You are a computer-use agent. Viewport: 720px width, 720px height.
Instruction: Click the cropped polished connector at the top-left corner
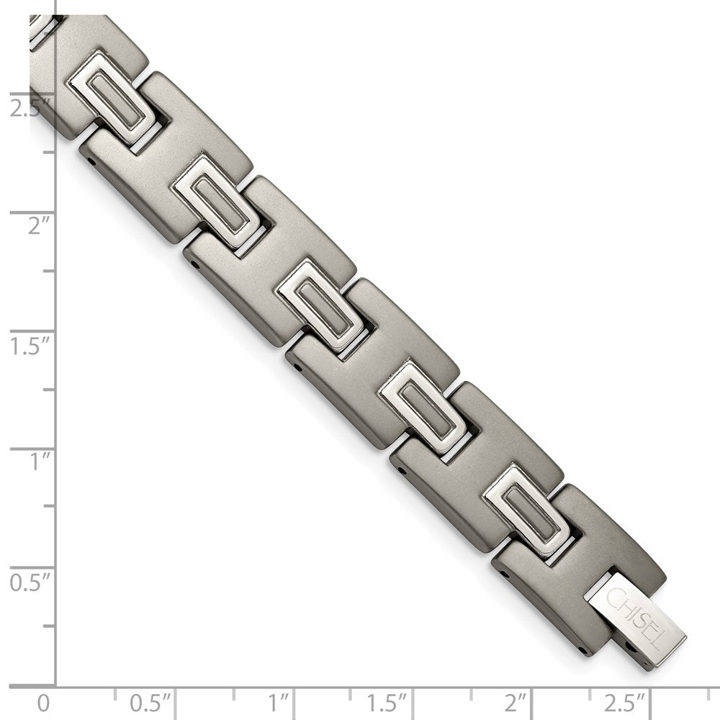pyautogui.click(x=41, y=27)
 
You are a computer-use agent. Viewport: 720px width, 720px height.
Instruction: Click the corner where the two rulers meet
pyautogui.click(x=55, y=685)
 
